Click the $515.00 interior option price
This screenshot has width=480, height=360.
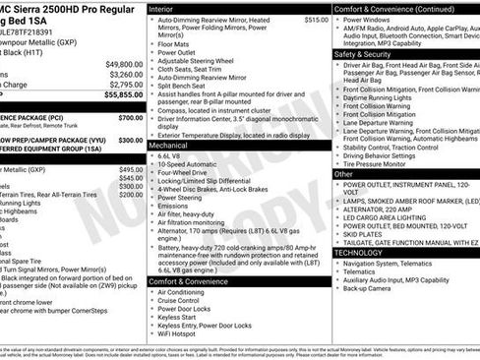click(x=315, y=20)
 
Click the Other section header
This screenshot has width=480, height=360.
click(x=344, y=173)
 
